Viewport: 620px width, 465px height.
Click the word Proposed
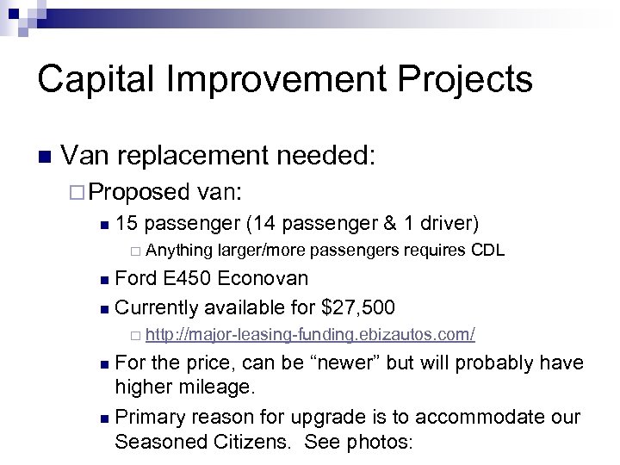point(139,191)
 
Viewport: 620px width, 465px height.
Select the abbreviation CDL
point(487,251)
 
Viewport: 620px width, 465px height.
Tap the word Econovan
point(263,278)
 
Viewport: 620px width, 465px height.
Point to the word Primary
point(149,417)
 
